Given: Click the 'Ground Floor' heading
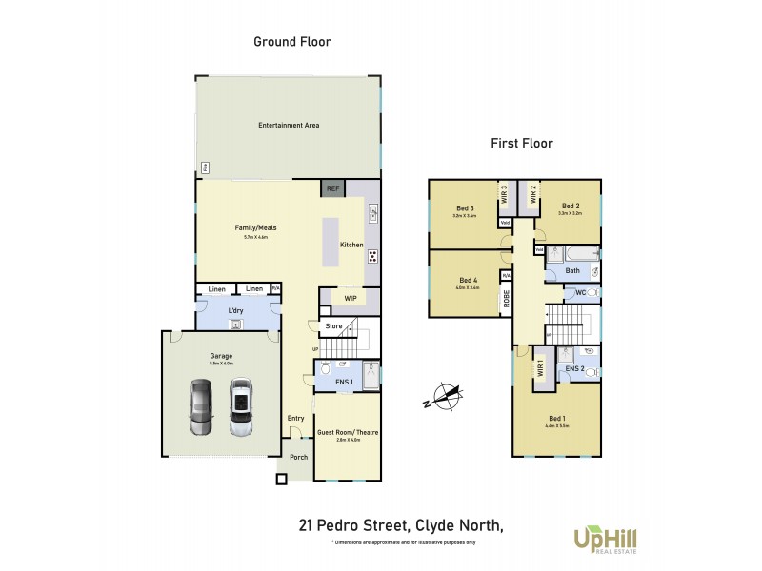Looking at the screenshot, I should pyautogui.click(x=291, y=41).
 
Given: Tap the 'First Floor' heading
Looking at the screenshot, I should pyautogui.click(x=522, y=144).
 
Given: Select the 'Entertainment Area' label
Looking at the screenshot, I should pyautogui.click(x=288, y=125).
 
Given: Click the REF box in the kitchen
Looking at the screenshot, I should pyautogui.click(x=332, y=188).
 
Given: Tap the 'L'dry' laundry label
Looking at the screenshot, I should pyautogui.click(x=234, y=310).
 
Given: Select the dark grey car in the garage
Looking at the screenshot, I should pyautogui.click(x=202, y=407).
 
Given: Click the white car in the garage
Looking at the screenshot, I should pyautogui.click(x=240, y=407).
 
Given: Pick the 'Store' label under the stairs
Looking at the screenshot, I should pyautogui.click(x=333, y=326).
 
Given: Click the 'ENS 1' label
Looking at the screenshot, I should pyautogui.click(x=345, y=383).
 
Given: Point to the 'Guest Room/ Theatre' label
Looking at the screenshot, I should pyautogui.click(x=348, y=433).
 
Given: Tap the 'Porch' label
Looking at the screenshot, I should pyautogui.click(x=298, y=457).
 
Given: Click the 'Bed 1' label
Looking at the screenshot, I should pyautogui.click(x=558, y=418).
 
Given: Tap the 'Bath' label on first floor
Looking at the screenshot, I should pyautogui.click(x=572, y=270).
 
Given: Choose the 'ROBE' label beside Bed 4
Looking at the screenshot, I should pyautogui.click(x=506, y=298).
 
